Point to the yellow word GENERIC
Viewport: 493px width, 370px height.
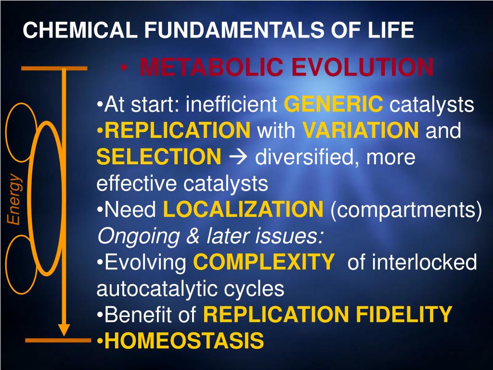(334, 104)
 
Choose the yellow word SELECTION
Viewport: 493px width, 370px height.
(158, 157)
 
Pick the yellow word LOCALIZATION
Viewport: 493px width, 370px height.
(243, 210)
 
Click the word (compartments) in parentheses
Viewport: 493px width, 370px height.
(406, 210)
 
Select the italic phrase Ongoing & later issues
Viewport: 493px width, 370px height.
(210, 236)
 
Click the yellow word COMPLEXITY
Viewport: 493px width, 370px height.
(263, 263)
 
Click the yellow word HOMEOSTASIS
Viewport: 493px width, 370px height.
(184, 341)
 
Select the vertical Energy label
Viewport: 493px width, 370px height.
(14, 199)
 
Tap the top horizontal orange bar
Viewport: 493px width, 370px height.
(54, 68)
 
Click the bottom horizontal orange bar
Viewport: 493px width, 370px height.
(58, 341)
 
